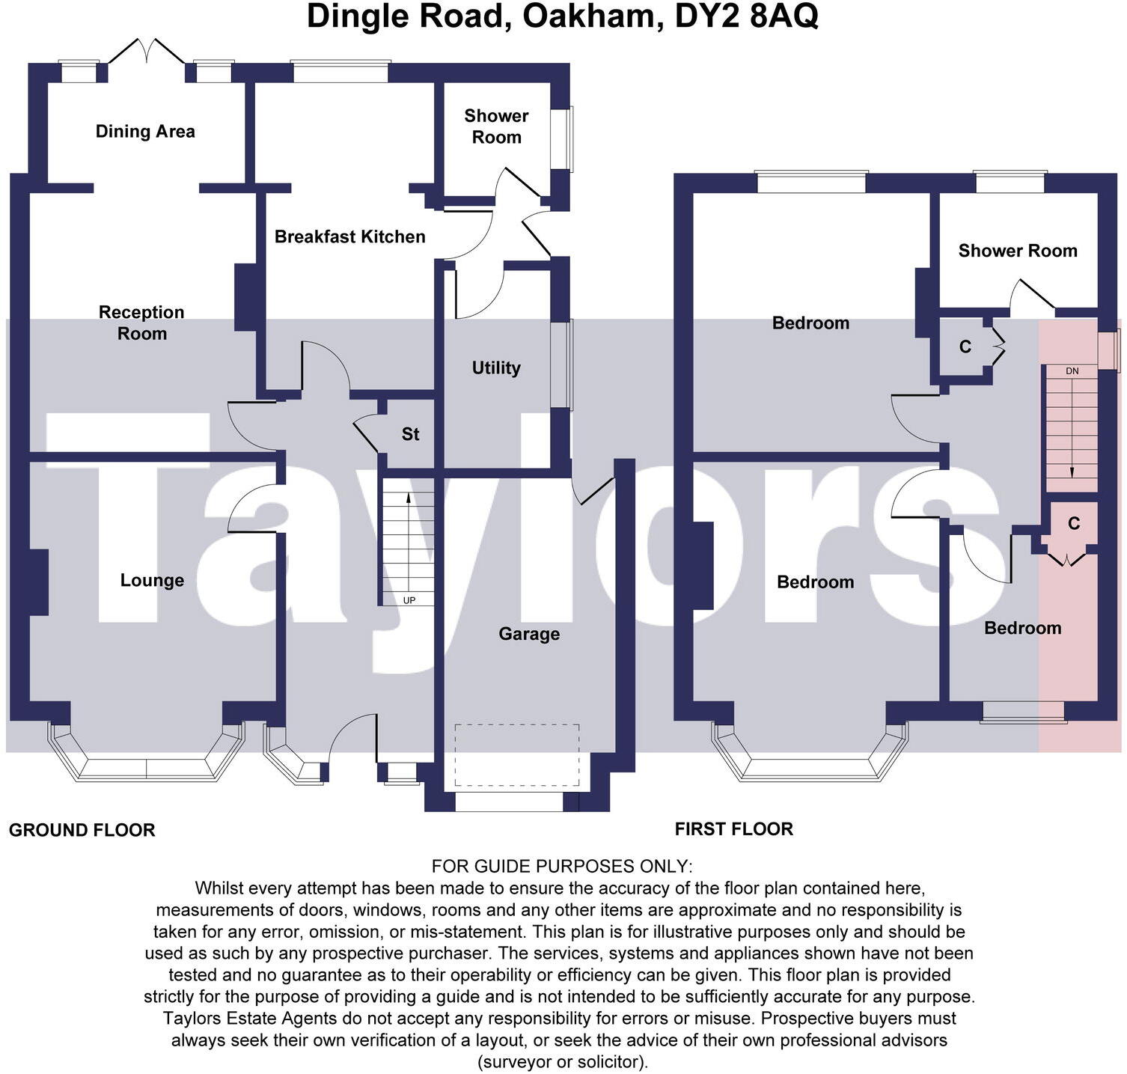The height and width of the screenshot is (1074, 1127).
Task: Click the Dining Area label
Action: [145, 132]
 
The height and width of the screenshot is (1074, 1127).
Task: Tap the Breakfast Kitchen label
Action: [349, 237]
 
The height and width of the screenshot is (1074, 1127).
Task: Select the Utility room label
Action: [495, 367]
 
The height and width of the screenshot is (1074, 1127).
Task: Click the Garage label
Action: [529, 634]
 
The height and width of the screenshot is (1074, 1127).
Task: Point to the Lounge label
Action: [152, 580]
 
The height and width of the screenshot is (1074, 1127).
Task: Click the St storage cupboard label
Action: [410, 434]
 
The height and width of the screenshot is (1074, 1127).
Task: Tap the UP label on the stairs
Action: [409, 600]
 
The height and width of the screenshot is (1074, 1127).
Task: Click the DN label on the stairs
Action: [1072, 371]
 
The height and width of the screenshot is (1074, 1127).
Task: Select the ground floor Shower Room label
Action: [496, 126]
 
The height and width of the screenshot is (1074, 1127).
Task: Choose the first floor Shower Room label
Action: [1017, 251]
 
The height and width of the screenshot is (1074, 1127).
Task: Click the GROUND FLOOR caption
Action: [82, 830]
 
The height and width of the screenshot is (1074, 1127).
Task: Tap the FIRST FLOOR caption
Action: [733, 829]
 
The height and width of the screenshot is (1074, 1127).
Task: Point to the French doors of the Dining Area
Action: [147, 52]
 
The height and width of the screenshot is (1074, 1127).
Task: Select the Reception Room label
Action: [141, 323]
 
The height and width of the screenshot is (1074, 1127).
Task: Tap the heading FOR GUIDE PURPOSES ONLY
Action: [562, 866]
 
